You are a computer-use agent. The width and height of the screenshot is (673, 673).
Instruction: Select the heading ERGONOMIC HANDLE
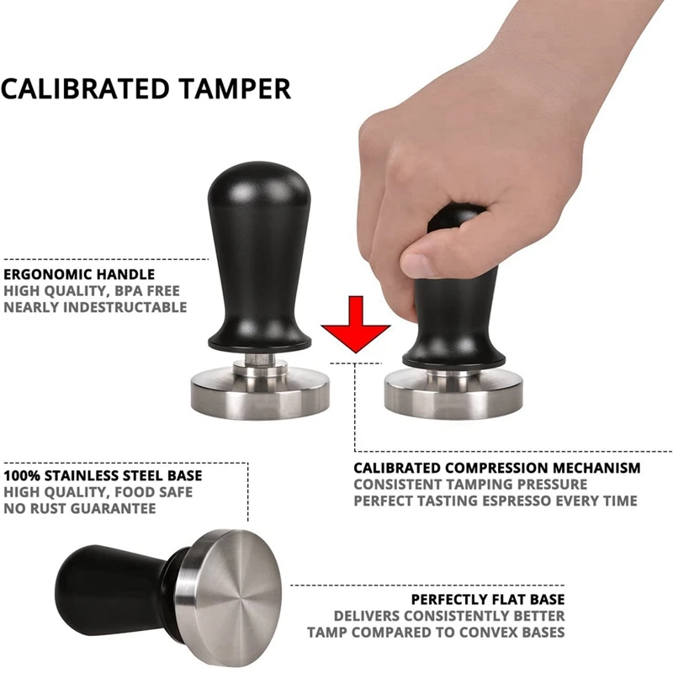(79, 274)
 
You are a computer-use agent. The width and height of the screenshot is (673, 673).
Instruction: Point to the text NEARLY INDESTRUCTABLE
(95, 307)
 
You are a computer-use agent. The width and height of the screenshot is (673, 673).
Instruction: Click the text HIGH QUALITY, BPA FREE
(92, 291)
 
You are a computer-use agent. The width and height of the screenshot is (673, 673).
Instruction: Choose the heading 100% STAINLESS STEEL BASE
(103, 475)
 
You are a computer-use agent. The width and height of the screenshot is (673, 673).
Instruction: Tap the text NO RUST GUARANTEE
(80, 508)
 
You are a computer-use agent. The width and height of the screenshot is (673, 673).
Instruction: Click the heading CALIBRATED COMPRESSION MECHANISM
(496, 468)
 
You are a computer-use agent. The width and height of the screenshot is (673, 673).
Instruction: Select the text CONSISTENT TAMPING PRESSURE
(470, 485)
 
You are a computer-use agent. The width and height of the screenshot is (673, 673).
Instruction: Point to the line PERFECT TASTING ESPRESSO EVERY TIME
(495, 501)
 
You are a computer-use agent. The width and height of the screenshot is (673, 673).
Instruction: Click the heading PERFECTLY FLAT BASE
(488, 599)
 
